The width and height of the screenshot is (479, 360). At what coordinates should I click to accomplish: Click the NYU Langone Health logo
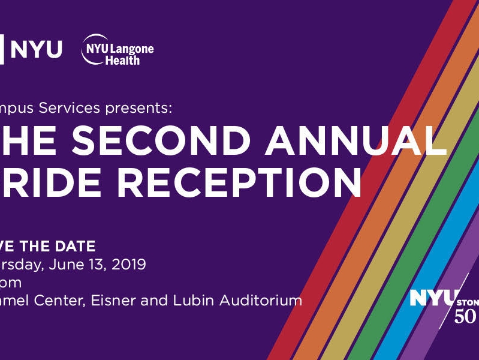(x=118, y=52)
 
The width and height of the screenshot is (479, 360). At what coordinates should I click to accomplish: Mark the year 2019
(x=128, y=265)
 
